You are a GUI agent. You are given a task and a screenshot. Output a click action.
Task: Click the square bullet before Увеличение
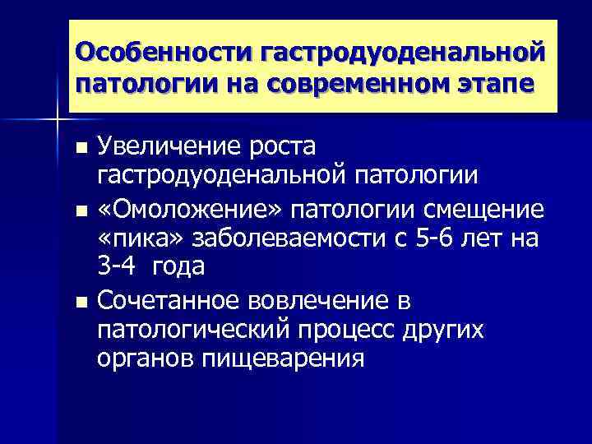click(80, 149)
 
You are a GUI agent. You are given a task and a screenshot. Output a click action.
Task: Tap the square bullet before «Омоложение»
click(80, 210)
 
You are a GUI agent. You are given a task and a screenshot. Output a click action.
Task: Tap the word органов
click(144, 359)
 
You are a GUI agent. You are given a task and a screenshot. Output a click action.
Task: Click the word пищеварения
click(280, 359)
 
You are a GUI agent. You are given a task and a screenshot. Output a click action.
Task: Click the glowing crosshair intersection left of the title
click(57, 119)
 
